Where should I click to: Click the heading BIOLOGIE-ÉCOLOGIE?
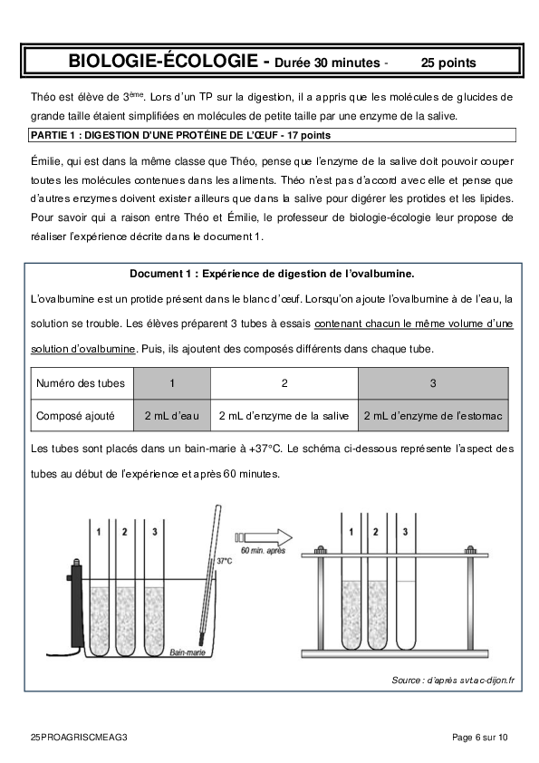(163, 61)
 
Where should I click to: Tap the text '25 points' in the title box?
(448, 63)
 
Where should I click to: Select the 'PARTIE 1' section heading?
(180, 135)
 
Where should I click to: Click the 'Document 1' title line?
(272, 274)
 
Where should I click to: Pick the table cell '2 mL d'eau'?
(172, 416)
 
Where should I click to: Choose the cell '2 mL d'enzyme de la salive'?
(284, 416)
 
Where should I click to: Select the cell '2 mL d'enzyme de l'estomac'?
(433, 416)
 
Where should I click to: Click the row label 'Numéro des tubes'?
(81, 383)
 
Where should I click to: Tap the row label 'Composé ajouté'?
(75, 416)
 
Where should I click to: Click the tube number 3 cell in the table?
(433, 383)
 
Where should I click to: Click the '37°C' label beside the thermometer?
(225, 561)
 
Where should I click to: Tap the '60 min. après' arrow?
(264, 537)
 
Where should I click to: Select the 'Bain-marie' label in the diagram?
(188, 652)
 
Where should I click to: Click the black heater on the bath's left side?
(77, 603)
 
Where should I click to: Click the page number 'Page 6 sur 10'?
(479, 738)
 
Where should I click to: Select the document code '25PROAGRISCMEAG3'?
(79, 738)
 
